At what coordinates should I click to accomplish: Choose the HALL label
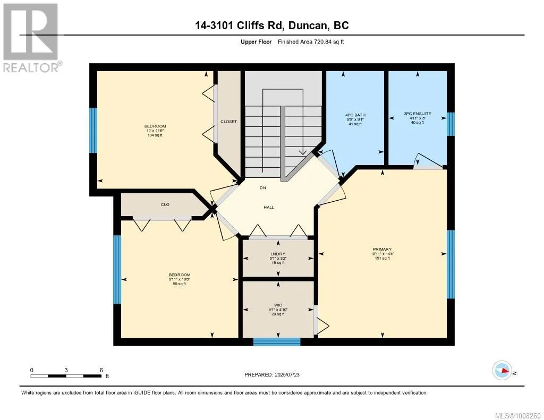pyautogui.click(x=268, y=207)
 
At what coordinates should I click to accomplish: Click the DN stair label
pyautogui.click(x=262, y=187)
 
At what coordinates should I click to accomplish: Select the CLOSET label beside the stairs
pyautogui.click(x=228, y=122)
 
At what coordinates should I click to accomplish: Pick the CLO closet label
pyautogui.click(x=165, y=204)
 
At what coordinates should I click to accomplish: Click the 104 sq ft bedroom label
pyautogui.click(x=155, y=131)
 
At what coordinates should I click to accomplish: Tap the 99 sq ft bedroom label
pyautogui.click(x=180, y=279)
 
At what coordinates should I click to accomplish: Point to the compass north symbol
pyautogui.click(x=503, y=371)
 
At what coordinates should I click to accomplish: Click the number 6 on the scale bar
pyautogui.click(x=101, y=370)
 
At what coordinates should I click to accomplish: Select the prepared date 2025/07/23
pyautogui.click(x=287, y=374)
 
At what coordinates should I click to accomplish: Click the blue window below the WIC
pyautogui.click(x=276, y=342)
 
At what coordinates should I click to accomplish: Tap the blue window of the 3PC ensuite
pyautogui.click(x=450, y=124)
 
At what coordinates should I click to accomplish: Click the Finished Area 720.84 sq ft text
pyautogui.click(x=311, y=41)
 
